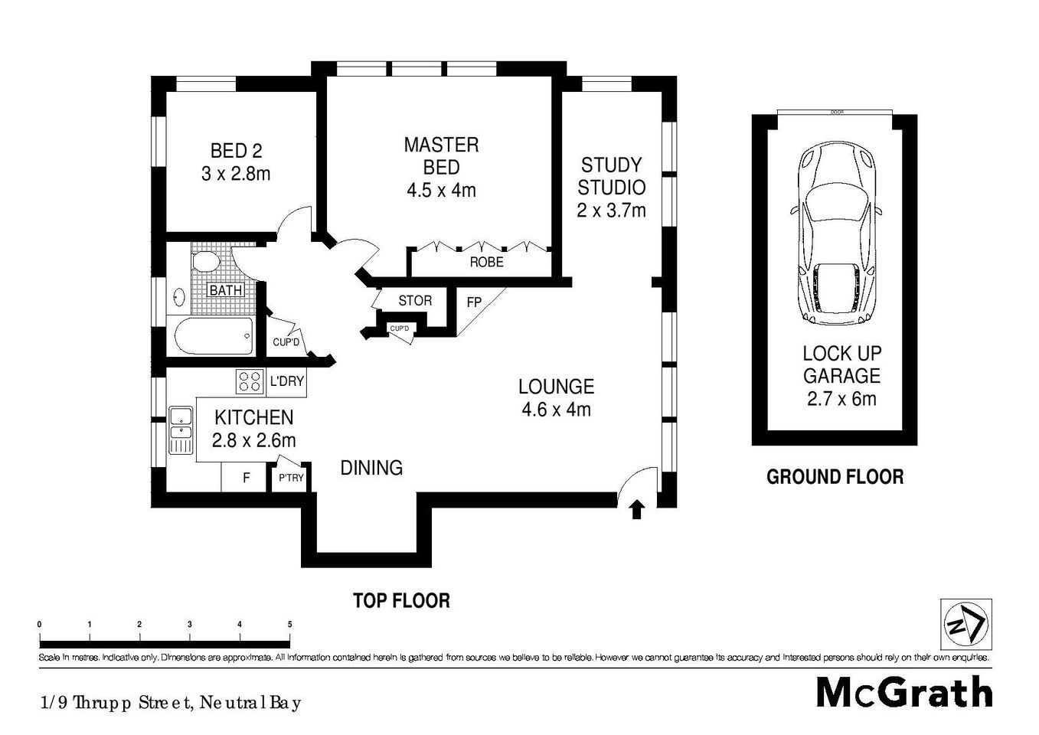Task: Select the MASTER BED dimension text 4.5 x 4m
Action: coord(441,190)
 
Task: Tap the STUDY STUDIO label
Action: coord(611,176)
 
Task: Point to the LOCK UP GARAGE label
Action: coord(841,364)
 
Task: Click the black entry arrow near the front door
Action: coord(636,508)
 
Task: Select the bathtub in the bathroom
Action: coord(214,336)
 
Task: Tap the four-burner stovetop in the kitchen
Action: coord(248,381)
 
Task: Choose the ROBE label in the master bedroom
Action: coord(486,263)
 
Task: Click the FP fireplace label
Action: coord(474,302)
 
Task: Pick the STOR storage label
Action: coord(415,301)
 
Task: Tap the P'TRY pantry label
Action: coord(291,479)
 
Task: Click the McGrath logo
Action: coord(904,692)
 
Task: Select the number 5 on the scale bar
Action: coord(289,625)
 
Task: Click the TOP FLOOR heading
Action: coord(400,600)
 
